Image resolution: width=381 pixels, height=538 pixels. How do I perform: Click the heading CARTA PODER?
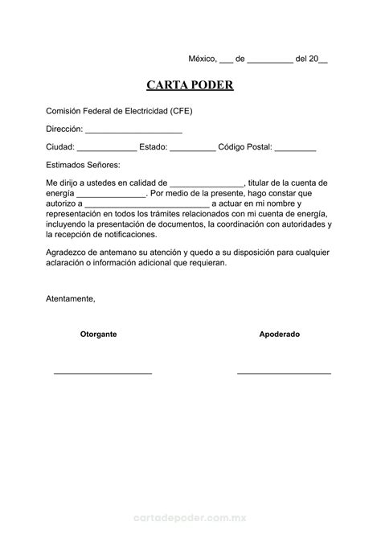[190, 85]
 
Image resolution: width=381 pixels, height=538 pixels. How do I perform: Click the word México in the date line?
[202, 59]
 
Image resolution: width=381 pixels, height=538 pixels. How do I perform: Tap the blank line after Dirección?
[133, 129]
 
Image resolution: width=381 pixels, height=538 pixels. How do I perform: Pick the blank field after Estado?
[193, 148]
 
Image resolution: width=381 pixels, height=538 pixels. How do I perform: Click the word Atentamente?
[70, 299]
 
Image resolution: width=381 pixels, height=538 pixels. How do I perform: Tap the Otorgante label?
[98, 334]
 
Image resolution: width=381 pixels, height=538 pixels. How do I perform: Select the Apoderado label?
[279, 334]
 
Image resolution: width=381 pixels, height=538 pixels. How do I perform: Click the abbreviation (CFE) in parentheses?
[181, 111]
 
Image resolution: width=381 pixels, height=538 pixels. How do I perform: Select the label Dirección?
[63, 129]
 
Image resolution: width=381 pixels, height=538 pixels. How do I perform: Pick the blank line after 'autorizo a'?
[146, 205]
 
